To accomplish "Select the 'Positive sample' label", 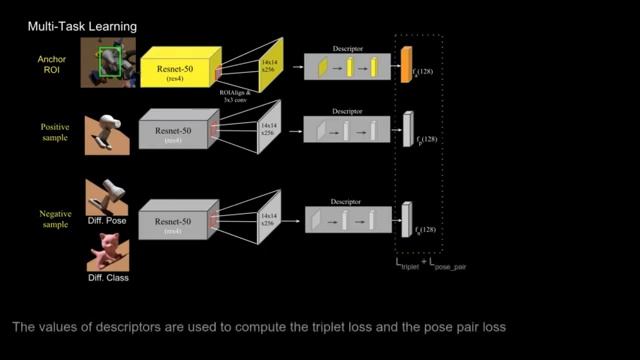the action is (50, 132).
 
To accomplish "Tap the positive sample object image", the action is (106, 131).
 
